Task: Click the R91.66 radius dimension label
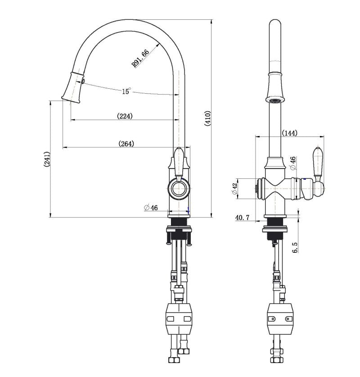pos(140,59)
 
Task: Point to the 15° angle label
pos(126,91)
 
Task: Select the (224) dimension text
pos(125,116)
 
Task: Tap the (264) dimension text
pos(126,144)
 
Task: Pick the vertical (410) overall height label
pos(208,118)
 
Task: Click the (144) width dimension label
pos(289,133)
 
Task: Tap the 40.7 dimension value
pos(242,218)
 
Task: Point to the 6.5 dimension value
pos(295,247)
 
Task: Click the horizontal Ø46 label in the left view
pos(151,208)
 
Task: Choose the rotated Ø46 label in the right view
pos(292,163)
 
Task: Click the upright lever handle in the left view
pos(180,161)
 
